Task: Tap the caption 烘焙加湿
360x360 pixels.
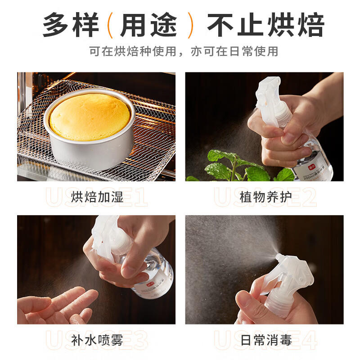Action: tap(97, 197)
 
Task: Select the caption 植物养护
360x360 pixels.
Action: tap(265, 197)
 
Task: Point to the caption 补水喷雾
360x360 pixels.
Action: tap(97, 340)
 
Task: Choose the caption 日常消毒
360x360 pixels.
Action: tap(265, 340)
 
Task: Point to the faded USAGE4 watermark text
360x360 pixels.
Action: tap(265, 341)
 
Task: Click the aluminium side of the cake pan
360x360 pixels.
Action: tap(90, 151)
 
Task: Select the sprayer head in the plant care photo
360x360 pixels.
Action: tap(270, 97)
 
